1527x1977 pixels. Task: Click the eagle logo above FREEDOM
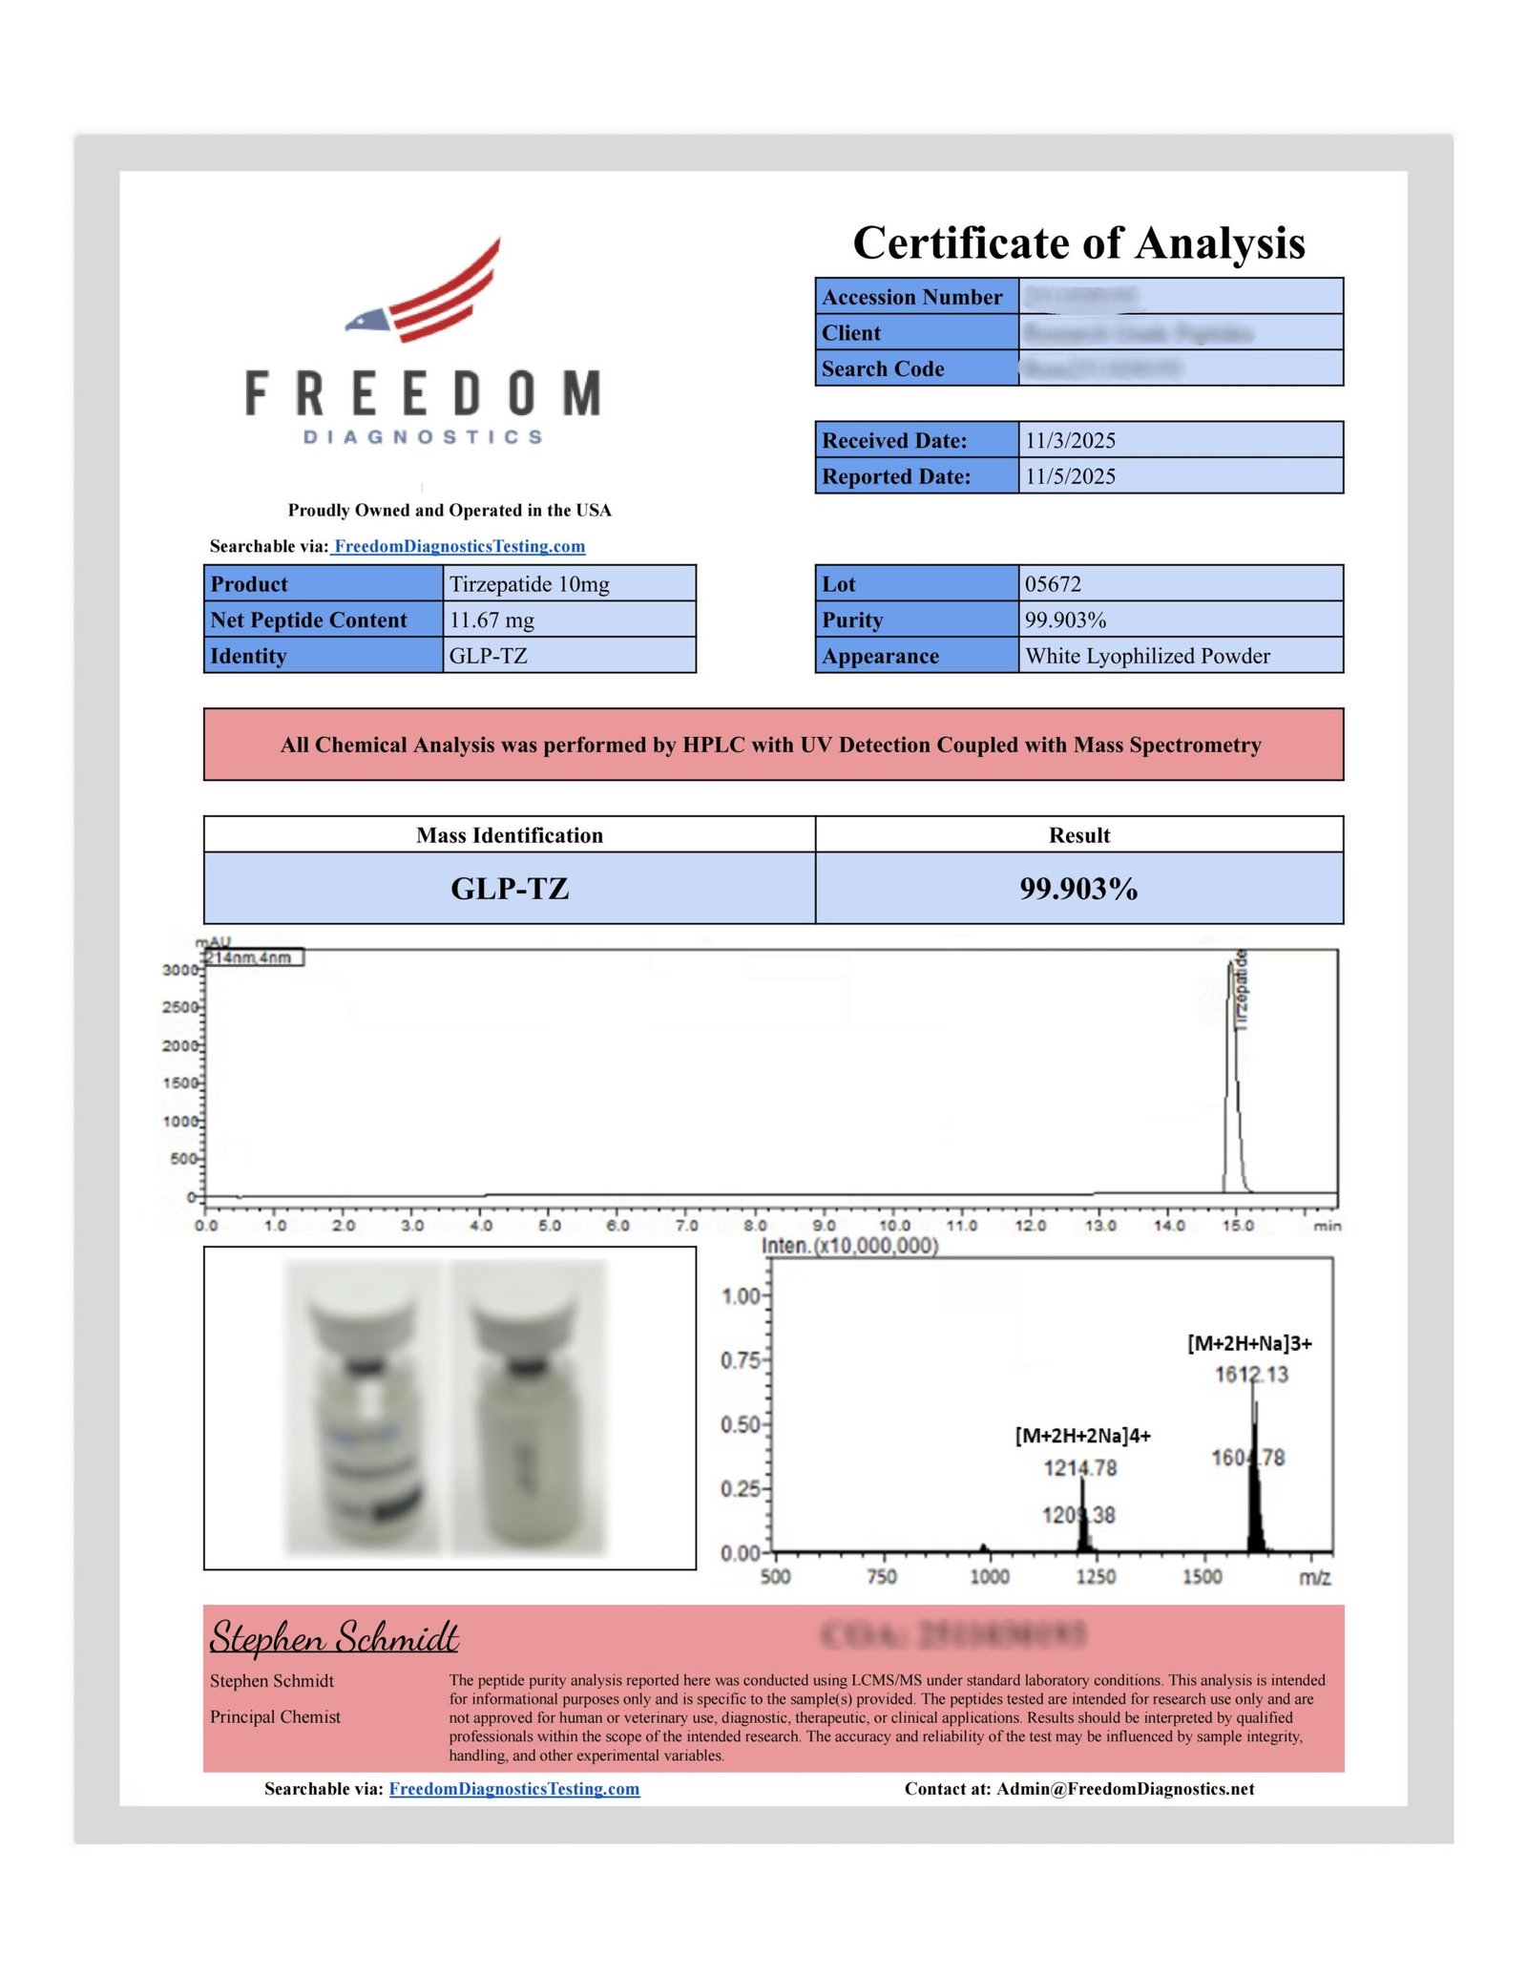424,291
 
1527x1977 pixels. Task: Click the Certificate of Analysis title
1078,242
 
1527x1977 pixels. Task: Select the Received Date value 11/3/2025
1070,440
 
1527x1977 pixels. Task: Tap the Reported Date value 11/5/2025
1070,476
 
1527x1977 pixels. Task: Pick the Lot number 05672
1053,583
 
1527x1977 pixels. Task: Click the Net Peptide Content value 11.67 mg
492,620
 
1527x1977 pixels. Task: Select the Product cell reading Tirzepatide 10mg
529,583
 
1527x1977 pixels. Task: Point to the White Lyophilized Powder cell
1147,656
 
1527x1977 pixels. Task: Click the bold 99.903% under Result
1078,889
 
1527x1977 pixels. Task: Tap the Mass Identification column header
509,835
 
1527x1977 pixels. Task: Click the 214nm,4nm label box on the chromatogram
253,957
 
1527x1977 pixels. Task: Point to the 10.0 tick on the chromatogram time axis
893,1226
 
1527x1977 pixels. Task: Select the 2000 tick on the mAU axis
180,1045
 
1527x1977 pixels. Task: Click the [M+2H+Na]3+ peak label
1249,1344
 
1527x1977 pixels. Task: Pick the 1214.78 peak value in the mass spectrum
1079,1468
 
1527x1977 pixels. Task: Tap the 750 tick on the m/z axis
881,1576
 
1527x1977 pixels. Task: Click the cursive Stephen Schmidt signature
334,1638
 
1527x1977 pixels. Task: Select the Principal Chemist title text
275,1716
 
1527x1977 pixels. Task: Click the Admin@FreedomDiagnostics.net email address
1125,1789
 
